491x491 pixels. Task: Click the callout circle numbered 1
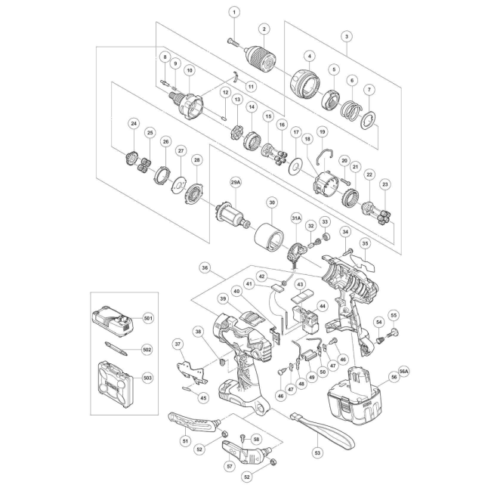point(234,13)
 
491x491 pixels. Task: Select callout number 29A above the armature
point(236,184)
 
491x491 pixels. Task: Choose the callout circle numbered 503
point(147,378)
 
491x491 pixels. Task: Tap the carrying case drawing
point(116,384)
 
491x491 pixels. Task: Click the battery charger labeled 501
point(113,324)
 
